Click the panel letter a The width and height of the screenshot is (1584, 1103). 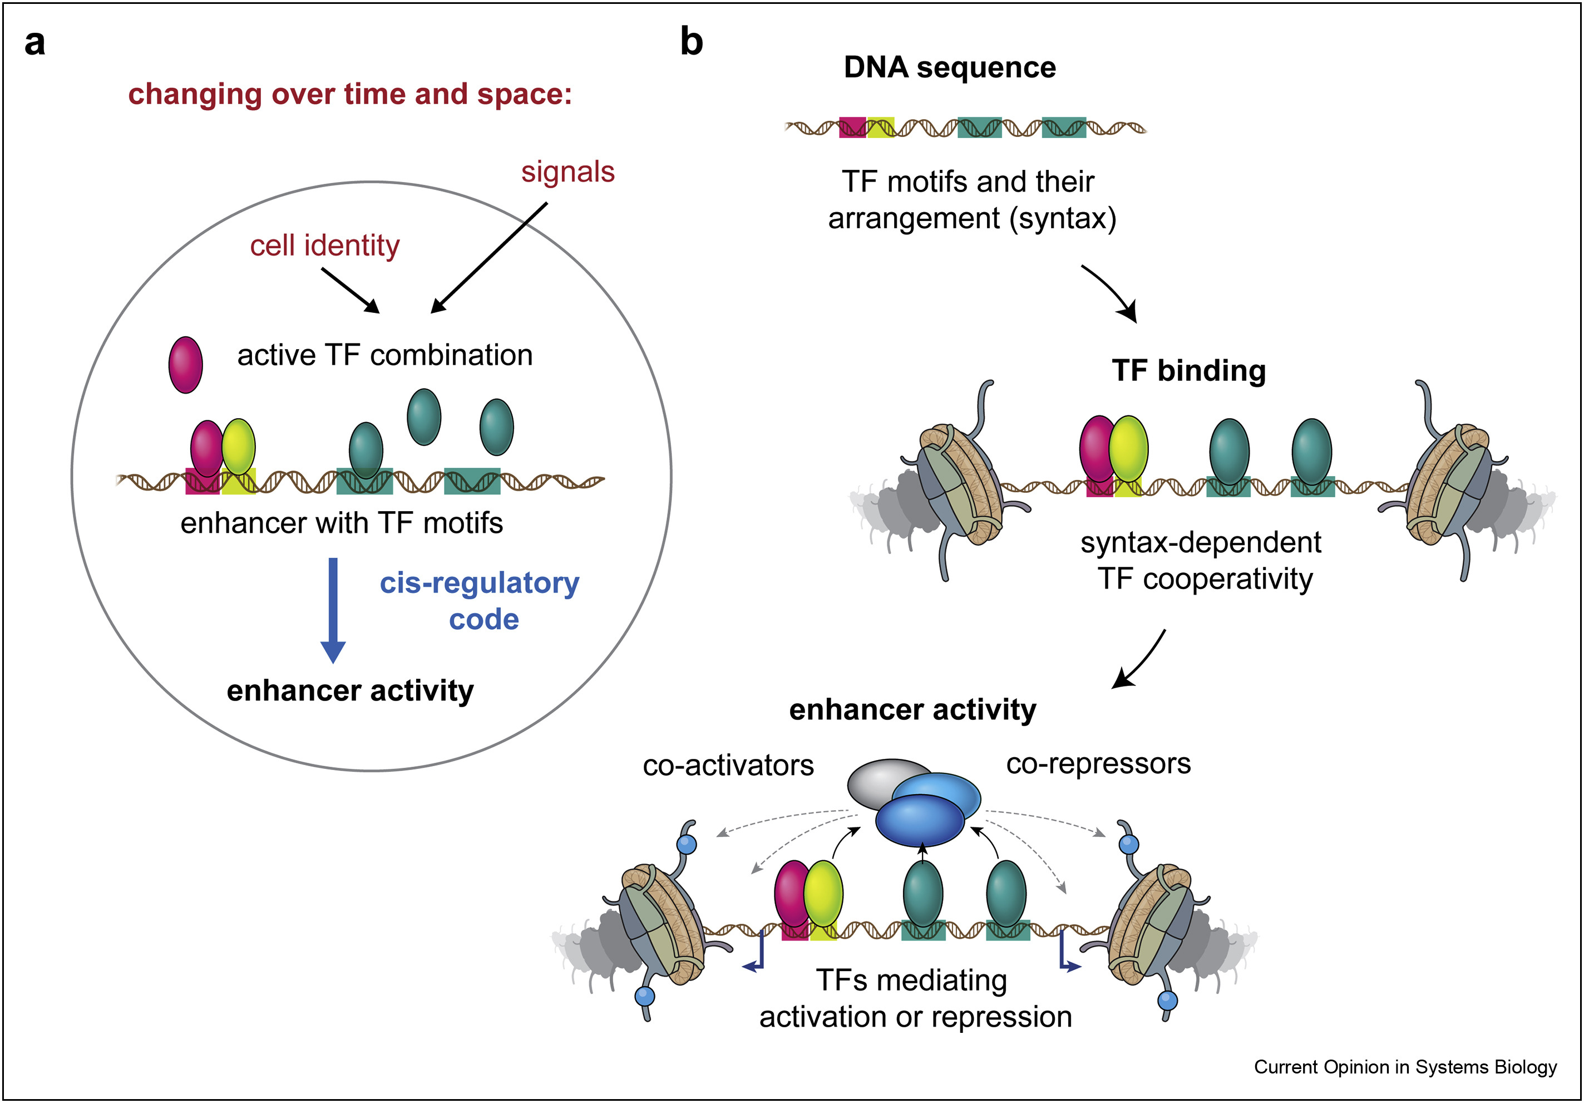[x=34, y=43]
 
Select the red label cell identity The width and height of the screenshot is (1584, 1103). [x=324, y=246]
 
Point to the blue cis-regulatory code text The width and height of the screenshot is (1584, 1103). [x=480, y=601]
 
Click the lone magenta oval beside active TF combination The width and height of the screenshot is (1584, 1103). [x=186, y=365]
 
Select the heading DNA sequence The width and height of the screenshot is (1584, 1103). [x=949, y=67]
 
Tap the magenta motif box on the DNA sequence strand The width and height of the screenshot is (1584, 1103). [x=852, y=128]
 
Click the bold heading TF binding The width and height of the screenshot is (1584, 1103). [x=1188, y=371]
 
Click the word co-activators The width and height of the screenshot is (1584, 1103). [x=728, y=766]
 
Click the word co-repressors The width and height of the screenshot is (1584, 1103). [x=1098, y=763]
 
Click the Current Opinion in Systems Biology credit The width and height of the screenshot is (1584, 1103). [x=1405, y=1067]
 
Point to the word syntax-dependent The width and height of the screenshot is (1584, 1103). [x=1201, y=542]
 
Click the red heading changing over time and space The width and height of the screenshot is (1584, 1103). [x=350, y=95]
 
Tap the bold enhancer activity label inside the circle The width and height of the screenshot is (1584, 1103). [x=350, y=690]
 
